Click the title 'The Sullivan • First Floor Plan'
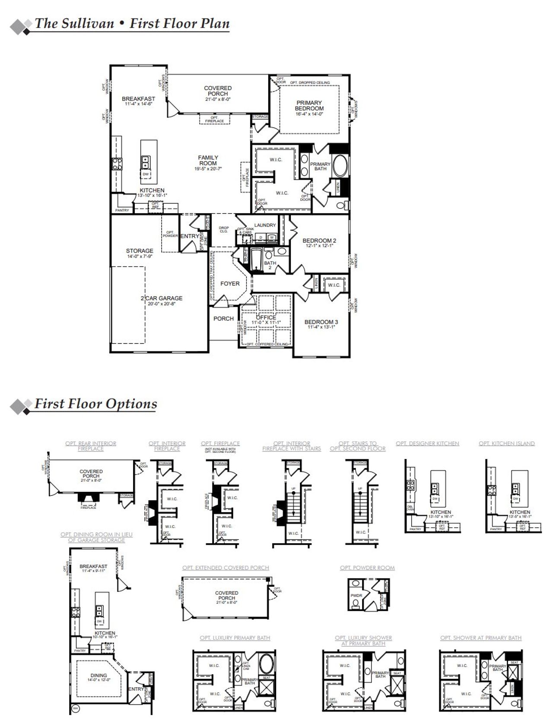click(132, 23)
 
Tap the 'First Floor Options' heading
click(95, 404)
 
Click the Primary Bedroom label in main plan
click(309, 106)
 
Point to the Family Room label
click(208, 161)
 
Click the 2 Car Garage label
click(161, 298)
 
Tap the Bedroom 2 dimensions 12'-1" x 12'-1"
click(319, 246)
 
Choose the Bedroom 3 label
click(321, 322)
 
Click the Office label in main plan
click(266, 317)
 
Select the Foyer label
click(230, 284)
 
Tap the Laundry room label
click(265, 225)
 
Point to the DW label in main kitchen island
click(146, 174)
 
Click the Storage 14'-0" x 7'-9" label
click(140, 253)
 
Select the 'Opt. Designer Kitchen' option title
click(427, 443)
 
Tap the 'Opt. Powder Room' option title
click(367, 568)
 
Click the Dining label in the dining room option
click(99, 676)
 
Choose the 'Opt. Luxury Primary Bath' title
click(235, 638)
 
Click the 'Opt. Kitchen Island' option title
click(506, 443)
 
